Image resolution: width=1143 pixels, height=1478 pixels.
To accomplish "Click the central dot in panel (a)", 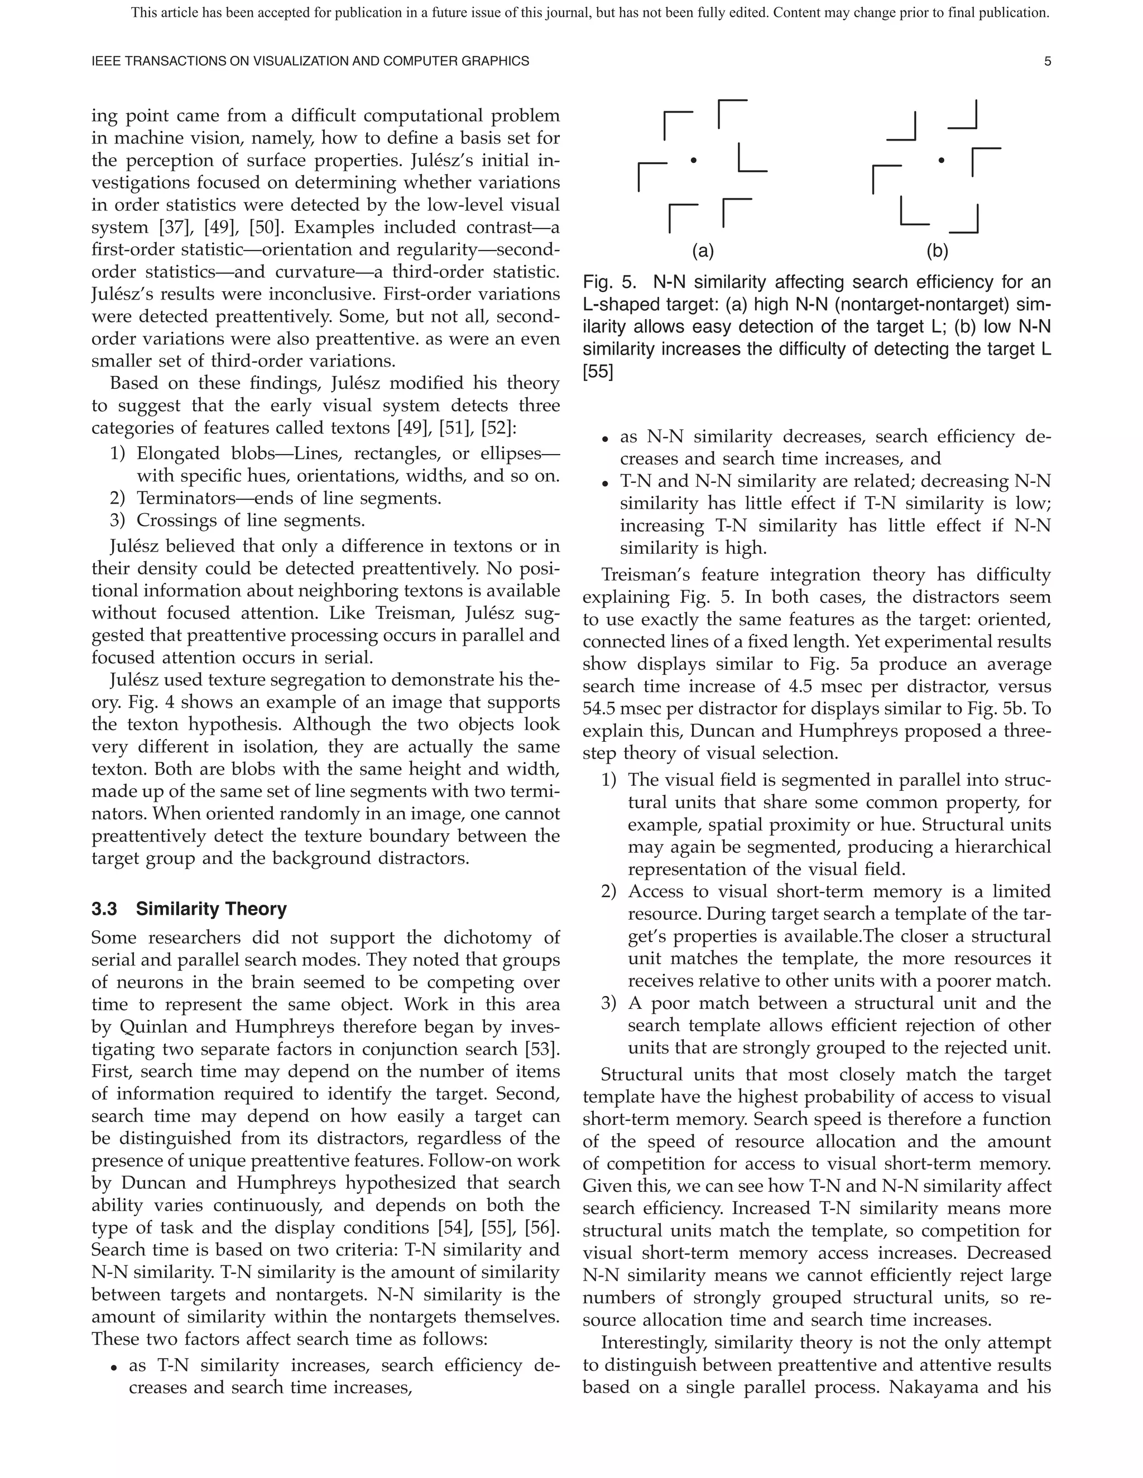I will point(693,161).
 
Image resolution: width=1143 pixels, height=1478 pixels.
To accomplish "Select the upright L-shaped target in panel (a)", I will point(752,157).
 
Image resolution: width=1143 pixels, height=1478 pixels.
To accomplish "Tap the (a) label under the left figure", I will point(703,251).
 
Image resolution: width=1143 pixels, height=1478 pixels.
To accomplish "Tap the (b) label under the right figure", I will point(937,251).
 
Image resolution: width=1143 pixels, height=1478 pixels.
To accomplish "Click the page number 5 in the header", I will point(1048,61).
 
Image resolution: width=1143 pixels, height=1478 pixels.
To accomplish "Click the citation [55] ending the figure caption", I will point(597,371).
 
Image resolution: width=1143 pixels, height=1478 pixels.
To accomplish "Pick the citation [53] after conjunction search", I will point(543,1049).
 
